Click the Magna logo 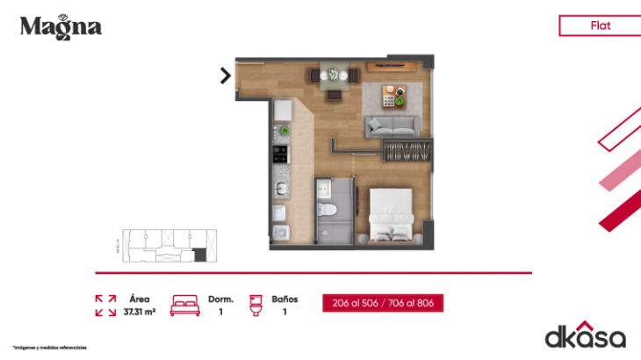click(x=61, y=26)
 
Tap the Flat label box click(x=601, y=25)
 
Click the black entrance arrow click(x=226, y=76)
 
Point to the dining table click(x=333, y=76)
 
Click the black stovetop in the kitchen click(x=281, y=155)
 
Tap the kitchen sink click(x=281, y=188)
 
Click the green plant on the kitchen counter click(x=283, y=133)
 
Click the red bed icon click(x=185, y=304)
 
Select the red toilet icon click(x=256, y=304)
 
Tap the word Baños click(x=284, y=299)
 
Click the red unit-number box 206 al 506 click(x=381, y=303)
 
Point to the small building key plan click(x=165, y=244)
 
